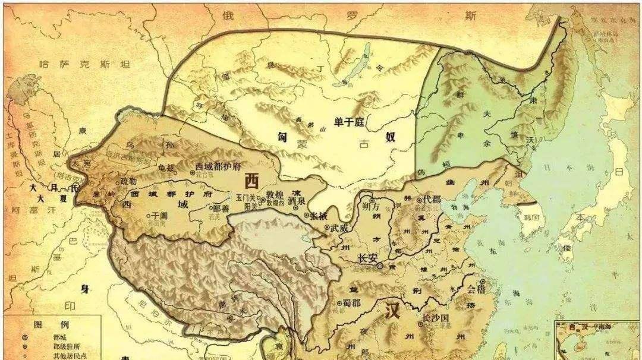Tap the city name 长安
(368, 258)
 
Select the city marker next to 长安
(380, 267)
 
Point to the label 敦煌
(275, 194)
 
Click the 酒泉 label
(295, 201)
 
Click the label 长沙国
(435, 318)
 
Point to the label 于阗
(158, 216)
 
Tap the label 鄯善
(221, 209)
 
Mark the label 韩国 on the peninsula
(531, 217)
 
